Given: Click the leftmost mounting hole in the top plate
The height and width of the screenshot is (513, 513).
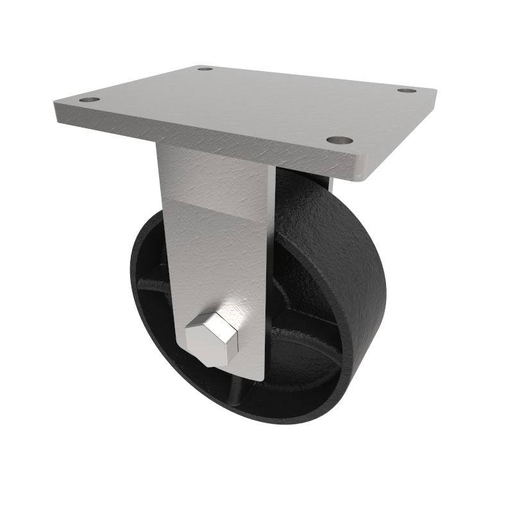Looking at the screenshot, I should [90, 101].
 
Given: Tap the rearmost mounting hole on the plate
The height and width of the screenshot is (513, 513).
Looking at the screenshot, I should [205, 68].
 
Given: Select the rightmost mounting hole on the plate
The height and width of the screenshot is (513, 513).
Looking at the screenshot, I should [406, 90].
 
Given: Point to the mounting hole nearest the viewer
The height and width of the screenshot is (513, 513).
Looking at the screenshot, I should [339, 139].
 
